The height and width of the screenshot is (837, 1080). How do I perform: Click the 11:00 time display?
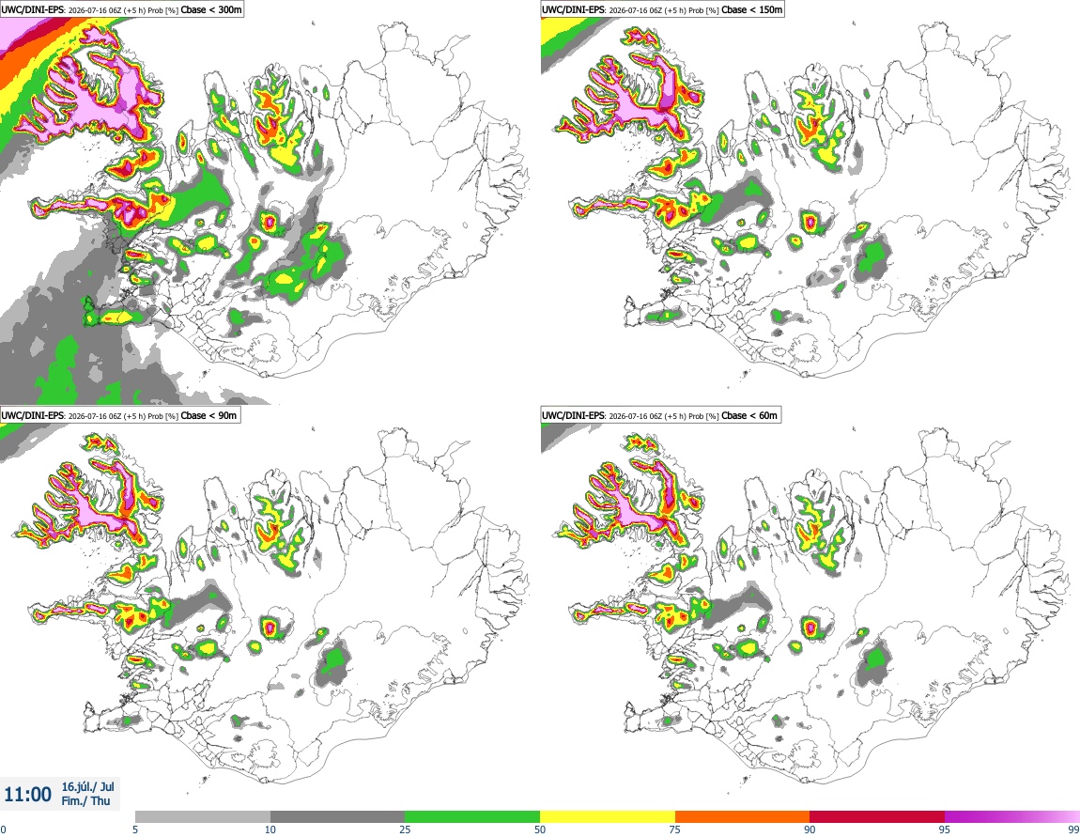coord(27,795)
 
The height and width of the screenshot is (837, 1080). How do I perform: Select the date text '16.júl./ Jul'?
coord(88,786)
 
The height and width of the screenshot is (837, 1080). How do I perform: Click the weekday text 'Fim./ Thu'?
coord(85,800)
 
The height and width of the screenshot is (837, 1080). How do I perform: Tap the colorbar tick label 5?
coord(135,829)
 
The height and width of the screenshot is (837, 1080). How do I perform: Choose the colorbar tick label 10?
coord(270,829)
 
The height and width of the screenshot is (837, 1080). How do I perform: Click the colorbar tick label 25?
coord(405,829)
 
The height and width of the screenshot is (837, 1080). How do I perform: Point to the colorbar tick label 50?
coord(540,829)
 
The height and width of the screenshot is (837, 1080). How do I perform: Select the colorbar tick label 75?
coord(675,829)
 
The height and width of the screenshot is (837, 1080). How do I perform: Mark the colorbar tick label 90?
coord(810,829)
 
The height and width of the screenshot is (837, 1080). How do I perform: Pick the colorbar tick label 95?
coord(945,829)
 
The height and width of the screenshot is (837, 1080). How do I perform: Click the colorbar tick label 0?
coord(3,829)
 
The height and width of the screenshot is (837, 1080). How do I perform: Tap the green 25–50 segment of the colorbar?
coord(472,816)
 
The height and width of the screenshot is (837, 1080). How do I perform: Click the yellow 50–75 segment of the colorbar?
coord(608,816)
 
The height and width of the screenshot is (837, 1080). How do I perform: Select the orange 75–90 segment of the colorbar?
coord(743,816)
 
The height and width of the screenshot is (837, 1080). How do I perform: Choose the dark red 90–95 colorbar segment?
coord(877,816)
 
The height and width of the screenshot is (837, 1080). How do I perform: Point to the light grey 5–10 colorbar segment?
coord(203,816)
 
